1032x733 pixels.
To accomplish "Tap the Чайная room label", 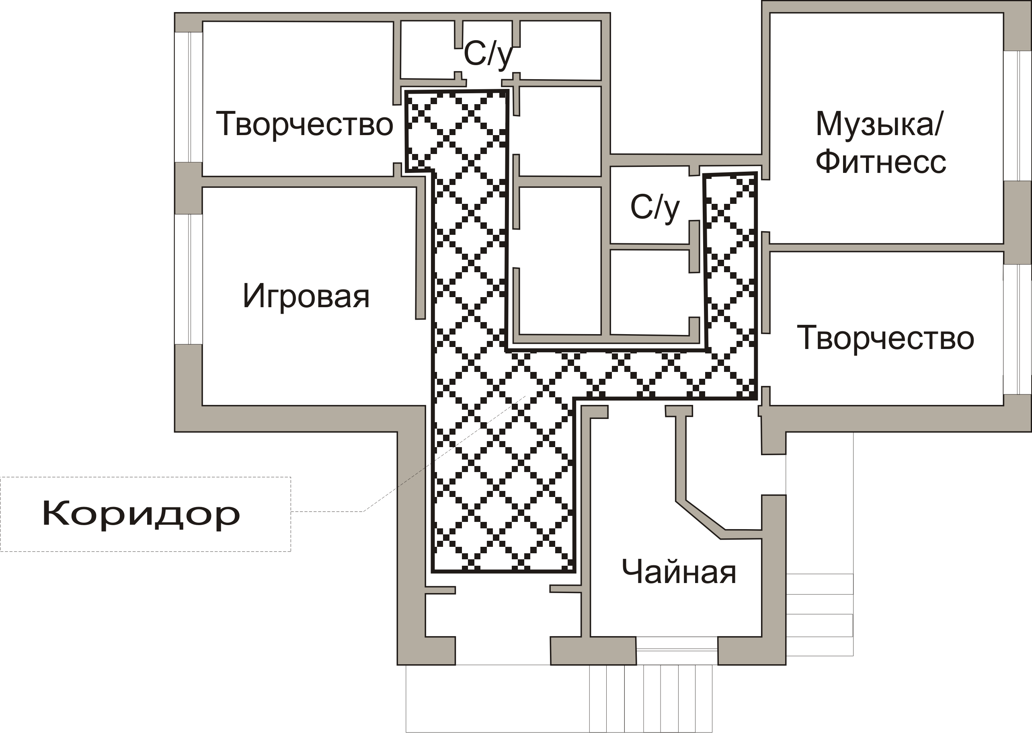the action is pyautogui.click(x=679, y=572).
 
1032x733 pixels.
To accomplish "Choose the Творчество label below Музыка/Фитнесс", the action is pyautogui.click(x=885, y=338).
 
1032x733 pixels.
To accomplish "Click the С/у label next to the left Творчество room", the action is pyautogui.click(x=488, y=55).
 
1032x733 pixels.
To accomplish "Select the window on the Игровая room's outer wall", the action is pyautogui.click(x=189, y=279).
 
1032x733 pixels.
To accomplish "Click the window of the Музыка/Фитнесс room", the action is pyautogui.click(x=1017, y=116).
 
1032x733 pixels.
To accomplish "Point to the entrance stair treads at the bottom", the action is pyautogui.click(x=651, y=698).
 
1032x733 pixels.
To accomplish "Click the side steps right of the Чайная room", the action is pyautogui.click(x=819, y=614).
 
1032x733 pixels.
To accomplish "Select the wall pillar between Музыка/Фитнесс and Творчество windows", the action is pyautogui.click(x=1018, y=222).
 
